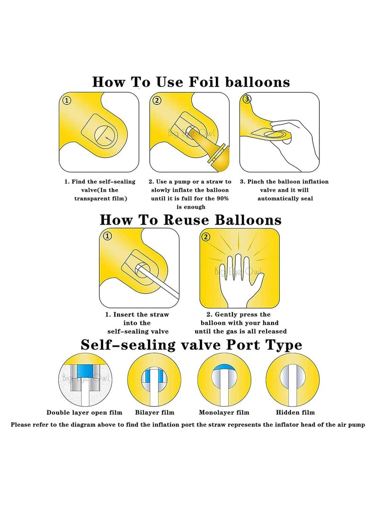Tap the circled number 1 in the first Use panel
pyautogui.click(x=67, y=101)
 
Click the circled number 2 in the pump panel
pyautogui.click(x=157, y=100)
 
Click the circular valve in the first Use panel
pyautogui.click(x=105, y=136)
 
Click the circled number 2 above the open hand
pyautogui.click(x=206, y=237)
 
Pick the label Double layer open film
pyautogui.click(x=84, y=412)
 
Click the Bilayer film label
pyautogui.click(x=155, y=412)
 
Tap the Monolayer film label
pyautogui.click(x=224, y=412)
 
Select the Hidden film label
pyautogui.click(x=295, y=412)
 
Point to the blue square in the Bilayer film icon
pyautogui.click(x=154, y=376)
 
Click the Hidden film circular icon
pyautogui.click(x=292, y=380)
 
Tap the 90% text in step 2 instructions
pyautogui.click(x=222, y=199)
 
